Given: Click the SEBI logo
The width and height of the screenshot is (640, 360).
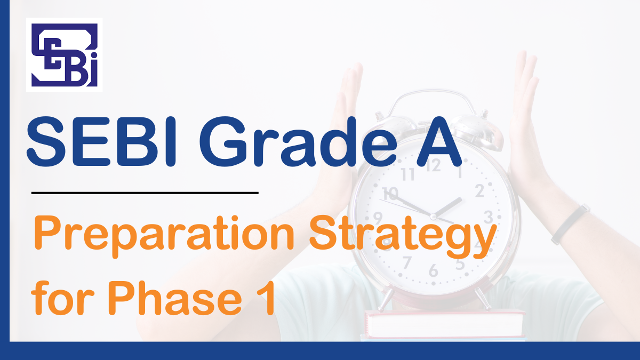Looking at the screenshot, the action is click(x=65, y=55).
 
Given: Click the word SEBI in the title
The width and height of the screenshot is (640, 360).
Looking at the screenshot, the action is click(x=101, y=142).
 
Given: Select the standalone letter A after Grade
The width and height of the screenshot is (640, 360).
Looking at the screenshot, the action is click(x=439, y=142).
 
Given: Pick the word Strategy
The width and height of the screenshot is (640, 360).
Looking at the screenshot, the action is click(x=403, y=237).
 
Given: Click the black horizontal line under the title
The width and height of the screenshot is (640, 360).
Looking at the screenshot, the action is click(x=145, y=193).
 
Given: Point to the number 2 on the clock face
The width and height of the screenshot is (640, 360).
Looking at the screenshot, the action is click(x=479, y=190).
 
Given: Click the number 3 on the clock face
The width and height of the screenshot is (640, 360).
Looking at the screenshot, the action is click(x=489, y=217).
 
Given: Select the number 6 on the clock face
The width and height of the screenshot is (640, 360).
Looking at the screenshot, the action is click(x=434, y=270).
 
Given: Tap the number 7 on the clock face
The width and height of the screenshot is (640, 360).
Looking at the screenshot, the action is click(x=407, y=262).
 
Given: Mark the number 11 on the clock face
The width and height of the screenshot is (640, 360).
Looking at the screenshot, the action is click(x=407, y=174).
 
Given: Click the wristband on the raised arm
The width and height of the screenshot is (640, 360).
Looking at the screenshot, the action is click(x=570, y=224).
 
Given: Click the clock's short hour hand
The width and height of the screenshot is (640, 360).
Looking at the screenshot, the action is click(x=447, y=207).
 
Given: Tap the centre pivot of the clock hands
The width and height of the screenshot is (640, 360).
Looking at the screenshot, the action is click(x=433, y=217).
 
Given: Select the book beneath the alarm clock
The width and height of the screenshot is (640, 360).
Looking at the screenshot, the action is click(x=445, y=325).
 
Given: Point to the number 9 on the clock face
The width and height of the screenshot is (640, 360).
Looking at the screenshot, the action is click(x=378, y=218).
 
